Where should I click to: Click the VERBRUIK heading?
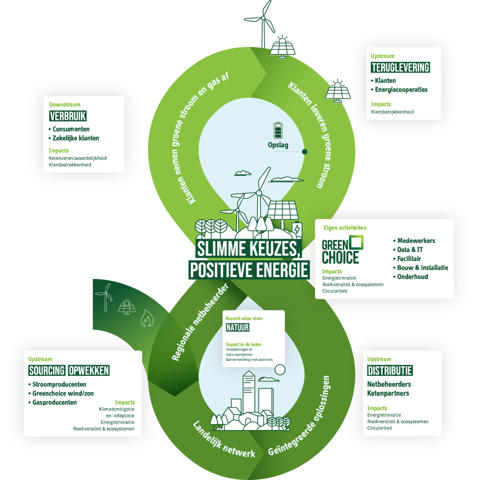point(68,116)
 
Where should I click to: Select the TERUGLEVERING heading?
point(400,68)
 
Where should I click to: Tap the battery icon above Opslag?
point(278,131)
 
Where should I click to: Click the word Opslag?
point(278,145)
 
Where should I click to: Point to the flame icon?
point(147,318)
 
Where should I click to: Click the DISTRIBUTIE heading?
point(390,371)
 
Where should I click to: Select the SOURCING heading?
point(47,371)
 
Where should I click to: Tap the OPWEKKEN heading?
point(89,371)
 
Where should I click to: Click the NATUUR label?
point(238,327)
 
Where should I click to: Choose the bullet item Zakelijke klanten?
point(75,138)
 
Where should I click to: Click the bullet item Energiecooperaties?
point(401,90)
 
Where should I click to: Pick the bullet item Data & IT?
point(410,250)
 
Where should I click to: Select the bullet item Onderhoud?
point(412,277)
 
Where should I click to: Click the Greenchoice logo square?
point(356,243)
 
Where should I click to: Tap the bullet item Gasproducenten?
point(55,402)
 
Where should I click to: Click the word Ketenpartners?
point(388,394)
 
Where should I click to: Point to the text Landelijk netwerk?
point(224,440)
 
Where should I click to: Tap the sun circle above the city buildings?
point(280,369)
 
